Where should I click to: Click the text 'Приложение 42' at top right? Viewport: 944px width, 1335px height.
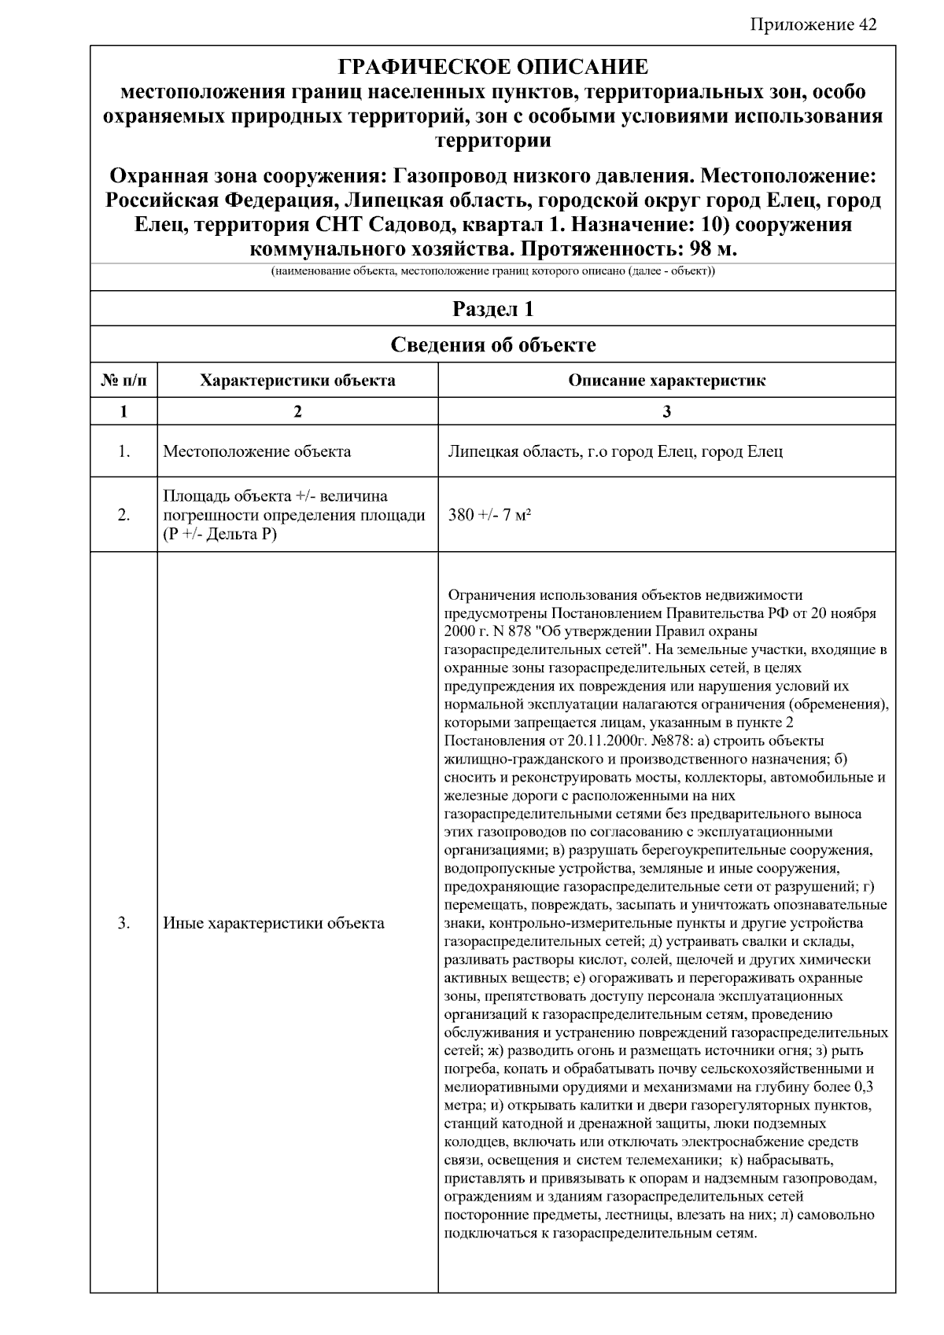pos(813,24)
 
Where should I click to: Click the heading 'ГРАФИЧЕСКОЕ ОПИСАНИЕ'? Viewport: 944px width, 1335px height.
pos(492,67)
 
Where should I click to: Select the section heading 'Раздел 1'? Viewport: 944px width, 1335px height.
pos(492,309)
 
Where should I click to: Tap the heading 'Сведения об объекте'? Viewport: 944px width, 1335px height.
pos(492,344)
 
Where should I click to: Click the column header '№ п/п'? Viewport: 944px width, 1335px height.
pos(124,381)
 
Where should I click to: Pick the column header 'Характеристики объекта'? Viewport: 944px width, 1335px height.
pos(297,381)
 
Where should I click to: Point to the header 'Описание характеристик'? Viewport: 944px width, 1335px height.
pos(666,381)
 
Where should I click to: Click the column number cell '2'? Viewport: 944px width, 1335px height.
pos(297,411)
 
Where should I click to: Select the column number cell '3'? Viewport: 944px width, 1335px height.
pos(666,411)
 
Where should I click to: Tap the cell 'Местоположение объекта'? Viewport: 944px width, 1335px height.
pos(256,451)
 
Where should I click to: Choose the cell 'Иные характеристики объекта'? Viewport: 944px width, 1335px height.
pos(273,923)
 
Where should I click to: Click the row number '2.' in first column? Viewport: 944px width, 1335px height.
pos(124,515)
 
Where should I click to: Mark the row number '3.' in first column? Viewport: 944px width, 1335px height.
pos(124,923)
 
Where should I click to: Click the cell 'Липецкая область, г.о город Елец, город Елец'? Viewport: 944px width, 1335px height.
pos(614,451)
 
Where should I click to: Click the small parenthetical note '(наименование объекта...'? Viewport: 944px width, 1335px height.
pos(492,272)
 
